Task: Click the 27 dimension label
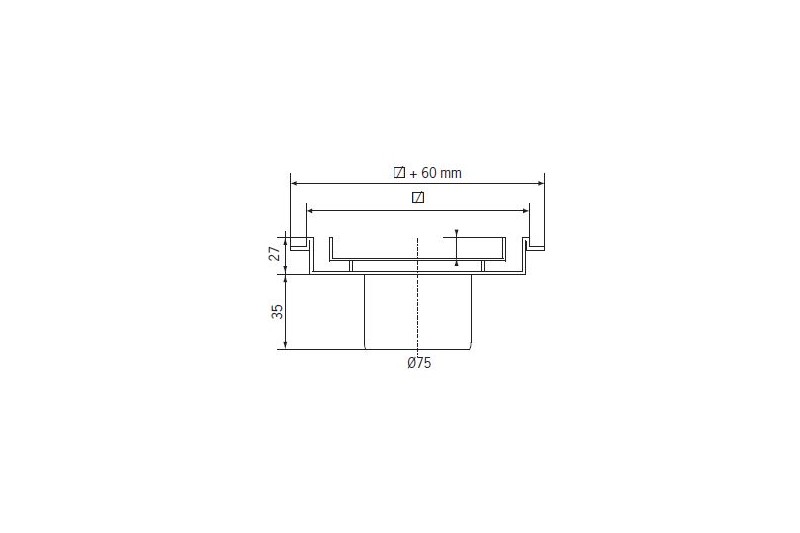[275, 253]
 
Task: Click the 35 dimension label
[277, 312]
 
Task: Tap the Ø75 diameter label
[419, 363]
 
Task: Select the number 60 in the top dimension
[429, 173]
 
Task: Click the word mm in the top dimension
[451, 173]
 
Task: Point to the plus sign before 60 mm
[413, 174]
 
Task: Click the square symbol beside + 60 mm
[399, 172]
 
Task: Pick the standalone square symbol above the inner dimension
[418, 197]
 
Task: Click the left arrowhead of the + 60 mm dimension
[294, 184]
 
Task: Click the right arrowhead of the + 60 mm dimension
[541, 184]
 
